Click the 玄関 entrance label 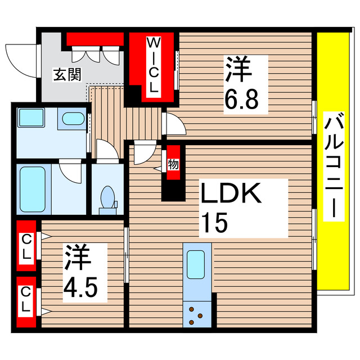coord(66,74)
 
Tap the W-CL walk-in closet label coord(154,67)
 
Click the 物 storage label coord(173,165)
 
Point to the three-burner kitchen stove coord(196,314)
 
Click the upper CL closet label coord(26,246)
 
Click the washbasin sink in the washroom coord(71,119)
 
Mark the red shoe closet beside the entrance coord(95,39)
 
